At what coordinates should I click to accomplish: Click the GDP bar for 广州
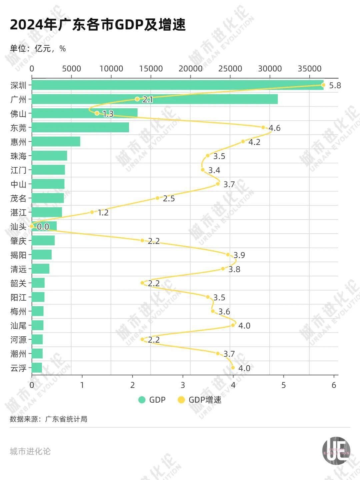[x=155, y=99]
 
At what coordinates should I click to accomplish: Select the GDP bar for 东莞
[x=80, y=127]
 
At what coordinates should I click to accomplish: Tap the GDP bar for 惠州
[x=56, y=141]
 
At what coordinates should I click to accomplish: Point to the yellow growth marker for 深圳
[x=323, y=85]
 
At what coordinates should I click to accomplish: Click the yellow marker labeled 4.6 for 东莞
[x=263, y=127]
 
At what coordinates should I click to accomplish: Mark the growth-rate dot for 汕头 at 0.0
[x=32, y=226]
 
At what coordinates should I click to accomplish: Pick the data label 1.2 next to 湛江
[x=103, y=212]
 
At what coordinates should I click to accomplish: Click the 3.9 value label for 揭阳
[x=239, y=255]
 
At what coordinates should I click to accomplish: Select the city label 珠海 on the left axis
[x=18, y=156]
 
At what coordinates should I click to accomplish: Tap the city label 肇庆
[x=18, y=241]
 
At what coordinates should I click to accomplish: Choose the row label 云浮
[x=18, y=368]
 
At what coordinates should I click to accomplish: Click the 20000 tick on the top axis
[x=190, y=69]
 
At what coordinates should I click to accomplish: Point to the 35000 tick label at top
[x=309, y=69]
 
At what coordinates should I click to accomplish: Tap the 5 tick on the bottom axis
[x=284, y=385]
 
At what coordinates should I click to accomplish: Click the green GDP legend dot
[x=142, y=400]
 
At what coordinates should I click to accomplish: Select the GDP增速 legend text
[x=205, y=400]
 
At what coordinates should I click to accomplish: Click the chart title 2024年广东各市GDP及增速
[x=98, y=25]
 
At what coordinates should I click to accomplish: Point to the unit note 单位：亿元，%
[x=38, y=49]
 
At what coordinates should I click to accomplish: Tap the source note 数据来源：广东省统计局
[x=49, y=419]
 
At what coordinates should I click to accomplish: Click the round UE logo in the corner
[x=336, y=451]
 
